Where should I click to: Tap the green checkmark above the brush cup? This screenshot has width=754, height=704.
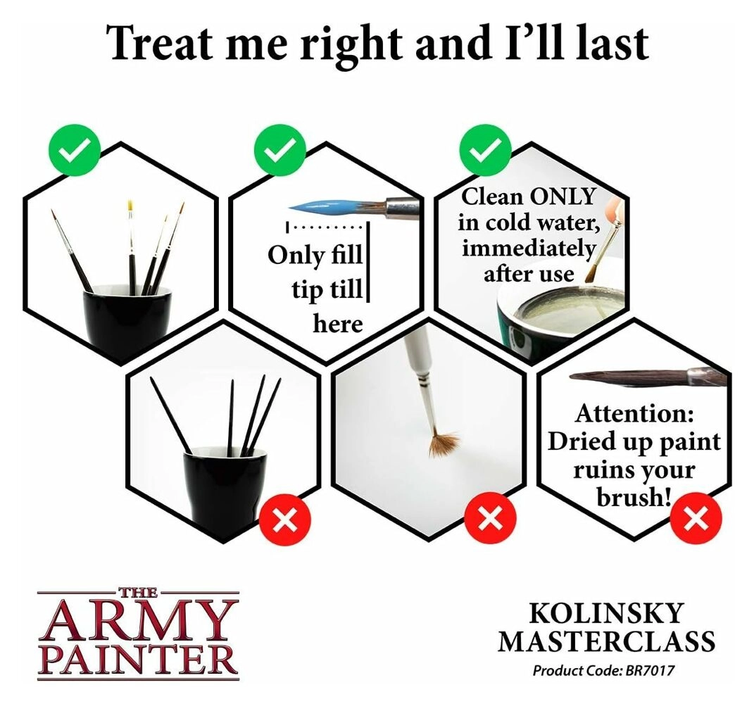(75, 150)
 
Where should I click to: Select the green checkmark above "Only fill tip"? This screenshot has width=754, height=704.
(280, 150)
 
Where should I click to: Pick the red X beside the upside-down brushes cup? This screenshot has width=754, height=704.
(285, 520)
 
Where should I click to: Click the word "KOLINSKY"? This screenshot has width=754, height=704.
(606, 613)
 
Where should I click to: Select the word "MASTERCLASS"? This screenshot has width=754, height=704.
(606, 641)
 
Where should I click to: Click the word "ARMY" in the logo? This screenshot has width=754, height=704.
(138, 620)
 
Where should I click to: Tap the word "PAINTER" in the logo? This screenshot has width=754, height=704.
(138, 660)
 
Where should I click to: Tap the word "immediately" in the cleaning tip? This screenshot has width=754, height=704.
(529, 249)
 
